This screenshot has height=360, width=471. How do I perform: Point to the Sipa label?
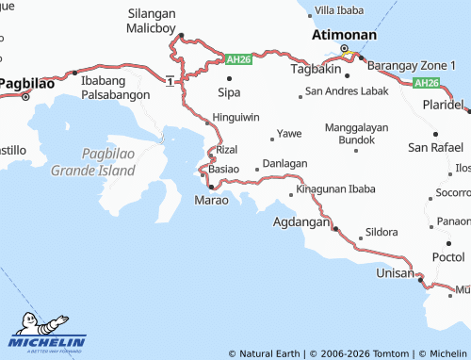[229, 92]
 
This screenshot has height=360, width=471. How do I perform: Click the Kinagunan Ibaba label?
[335, 189]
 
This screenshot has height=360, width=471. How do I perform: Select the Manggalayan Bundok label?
[355, 132]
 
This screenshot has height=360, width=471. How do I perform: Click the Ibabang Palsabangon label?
[116, 87]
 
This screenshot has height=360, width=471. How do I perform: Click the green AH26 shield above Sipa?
[238, 59]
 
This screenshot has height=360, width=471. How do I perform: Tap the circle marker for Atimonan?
[344, 48]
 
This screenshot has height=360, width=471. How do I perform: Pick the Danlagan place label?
[284, 163]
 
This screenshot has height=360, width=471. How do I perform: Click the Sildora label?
[381, 232]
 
